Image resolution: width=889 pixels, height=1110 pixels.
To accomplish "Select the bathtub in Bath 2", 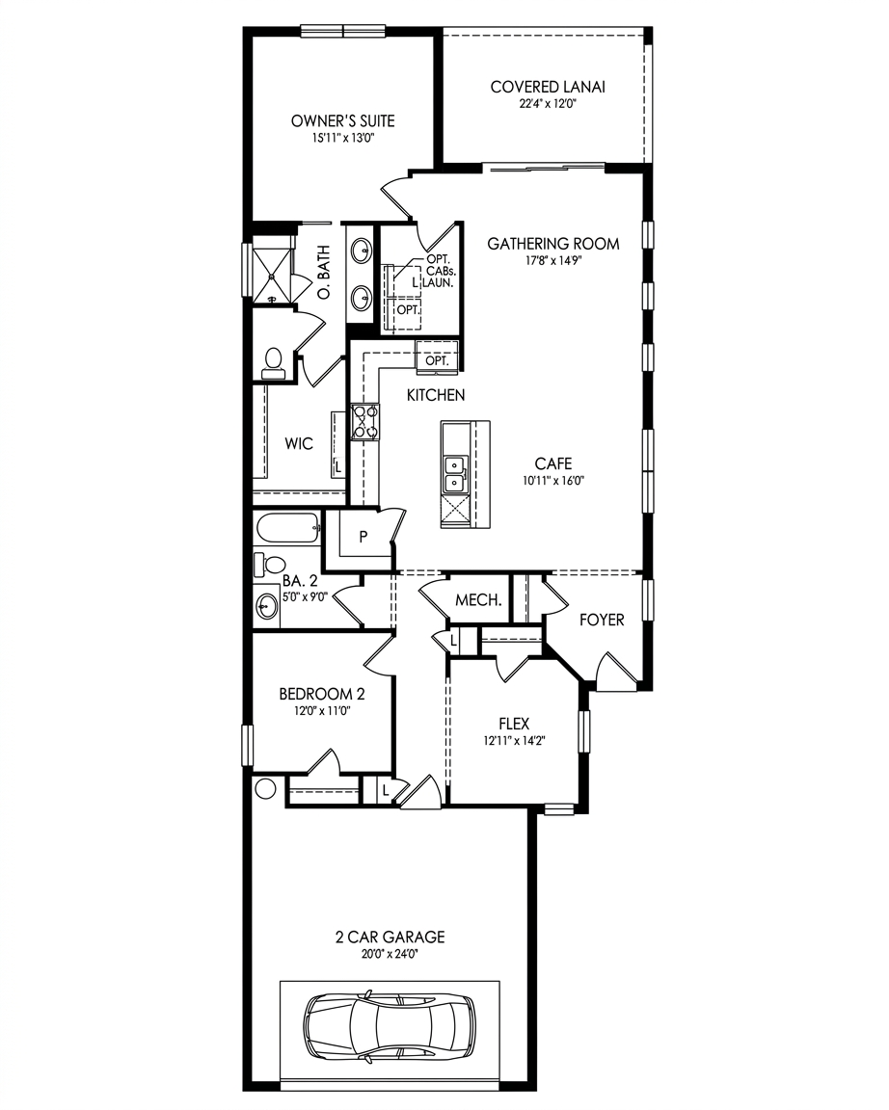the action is (x=287, y=528).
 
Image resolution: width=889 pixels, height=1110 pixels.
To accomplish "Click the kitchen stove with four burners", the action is (x=365, y=422).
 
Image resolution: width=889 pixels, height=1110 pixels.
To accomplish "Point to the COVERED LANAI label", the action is (x=548, y=87).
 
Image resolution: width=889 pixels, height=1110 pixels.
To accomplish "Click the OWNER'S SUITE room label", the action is (x=343, y=121).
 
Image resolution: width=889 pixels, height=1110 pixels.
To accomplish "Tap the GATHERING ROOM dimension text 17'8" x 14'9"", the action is (x=553, y=260).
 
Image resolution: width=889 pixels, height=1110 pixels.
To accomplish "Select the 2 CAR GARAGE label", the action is (x=391, y=937).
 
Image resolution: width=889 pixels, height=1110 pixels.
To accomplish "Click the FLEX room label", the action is (x=514, y=724).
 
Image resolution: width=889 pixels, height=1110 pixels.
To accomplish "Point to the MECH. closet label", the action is (x=479, y=600).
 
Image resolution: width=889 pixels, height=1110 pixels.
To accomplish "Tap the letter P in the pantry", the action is (x=364, y=538).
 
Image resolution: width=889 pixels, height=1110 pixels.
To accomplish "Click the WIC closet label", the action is (x=299, y=444).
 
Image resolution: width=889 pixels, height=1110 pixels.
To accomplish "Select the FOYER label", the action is (x=602, y=621).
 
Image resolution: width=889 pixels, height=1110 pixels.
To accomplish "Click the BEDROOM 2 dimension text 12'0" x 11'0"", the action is (x=323, y=711).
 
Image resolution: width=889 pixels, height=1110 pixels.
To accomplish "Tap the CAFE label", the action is (x=553, y=463).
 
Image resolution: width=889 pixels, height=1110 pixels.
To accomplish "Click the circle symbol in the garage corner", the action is (x=265, y=788).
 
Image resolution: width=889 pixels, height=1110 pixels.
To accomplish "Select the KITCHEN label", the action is (x=436, y=395).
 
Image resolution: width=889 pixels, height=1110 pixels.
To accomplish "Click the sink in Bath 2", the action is (x=267, y=607).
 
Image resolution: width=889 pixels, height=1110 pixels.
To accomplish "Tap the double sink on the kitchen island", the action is (x=454, y=474).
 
